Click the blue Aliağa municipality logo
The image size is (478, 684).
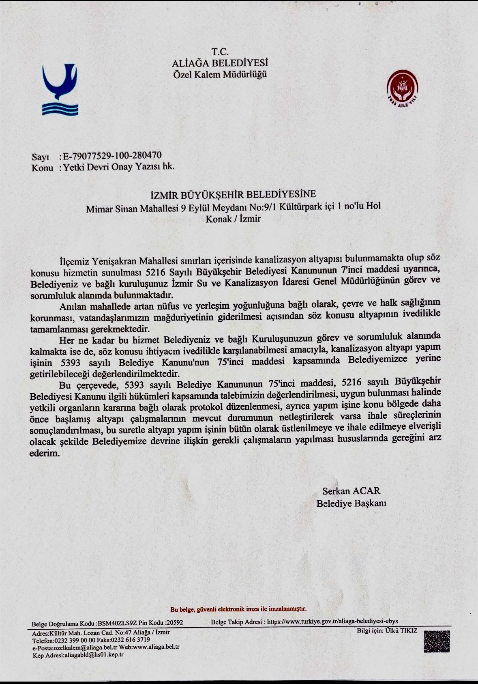click(x=60, y=90)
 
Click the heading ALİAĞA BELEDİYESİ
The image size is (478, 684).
click(x=220, y=63)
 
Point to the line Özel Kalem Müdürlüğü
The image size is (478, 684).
click(x=220, y=75)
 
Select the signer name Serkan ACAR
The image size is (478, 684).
click(x=351, y=491)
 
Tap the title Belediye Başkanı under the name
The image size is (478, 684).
click(x=351, y=503)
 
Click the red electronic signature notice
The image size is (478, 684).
click(x=238, y=609)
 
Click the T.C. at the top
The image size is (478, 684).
click(x=220, y=52)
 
